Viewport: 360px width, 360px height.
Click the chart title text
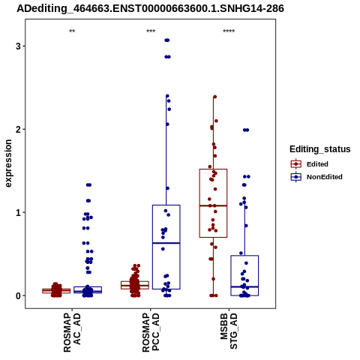(150, 8)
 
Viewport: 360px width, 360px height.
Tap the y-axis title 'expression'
(8, 163)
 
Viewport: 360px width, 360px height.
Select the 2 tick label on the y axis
(18, 129)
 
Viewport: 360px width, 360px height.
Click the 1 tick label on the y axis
(18, 212)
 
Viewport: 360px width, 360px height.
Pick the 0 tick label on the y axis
(18, 295)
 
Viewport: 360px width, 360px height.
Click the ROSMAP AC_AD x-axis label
(72, 333)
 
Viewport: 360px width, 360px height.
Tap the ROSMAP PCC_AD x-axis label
(151, 333)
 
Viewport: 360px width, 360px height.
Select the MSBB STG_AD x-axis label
(229, 331)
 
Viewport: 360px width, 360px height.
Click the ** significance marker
(72, 31)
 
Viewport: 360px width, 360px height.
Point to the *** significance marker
(151, 31)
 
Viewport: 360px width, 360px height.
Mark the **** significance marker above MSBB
(229, 31)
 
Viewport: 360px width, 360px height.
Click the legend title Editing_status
(320, 149)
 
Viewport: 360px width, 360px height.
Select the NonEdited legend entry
(316, 177)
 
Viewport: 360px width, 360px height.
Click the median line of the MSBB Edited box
(213, 205)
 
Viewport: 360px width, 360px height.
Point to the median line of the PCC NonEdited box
(166, 243)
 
